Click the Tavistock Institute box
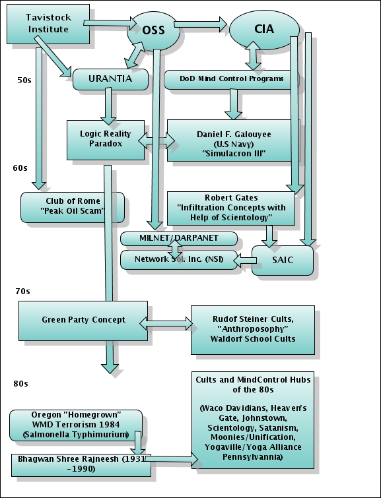pos(48,24)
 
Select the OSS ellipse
pos(154,31)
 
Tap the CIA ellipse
pos(264,30)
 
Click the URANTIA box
pos(110,79)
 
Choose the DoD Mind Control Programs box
pos(232,79)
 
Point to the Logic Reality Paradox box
pos(106,140)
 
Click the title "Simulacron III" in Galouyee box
pos(234,154)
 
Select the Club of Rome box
pos(73,207)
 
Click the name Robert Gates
pos(231,197)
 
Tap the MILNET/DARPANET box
pos(179,239)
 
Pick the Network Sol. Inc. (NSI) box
pos(179,259)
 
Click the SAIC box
pos(283,260)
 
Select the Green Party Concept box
pos(83,321)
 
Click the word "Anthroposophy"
pos(253,328)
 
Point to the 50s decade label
pos(24,80)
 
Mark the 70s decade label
pos(22,292)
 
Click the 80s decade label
pos(20,384)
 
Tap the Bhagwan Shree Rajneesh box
pos(81,465)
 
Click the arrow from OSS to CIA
pos(200,24)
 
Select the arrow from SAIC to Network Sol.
pos(245,261)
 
